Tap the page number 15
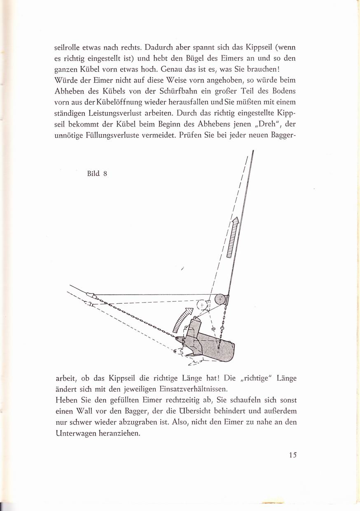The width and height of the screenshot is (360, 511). [x=293, y=455]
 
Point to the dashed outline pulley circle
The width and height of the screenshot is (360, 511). [x=202, y=305]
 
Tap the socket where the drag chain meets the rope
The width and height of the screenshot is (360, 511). [x=91, y=296]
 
